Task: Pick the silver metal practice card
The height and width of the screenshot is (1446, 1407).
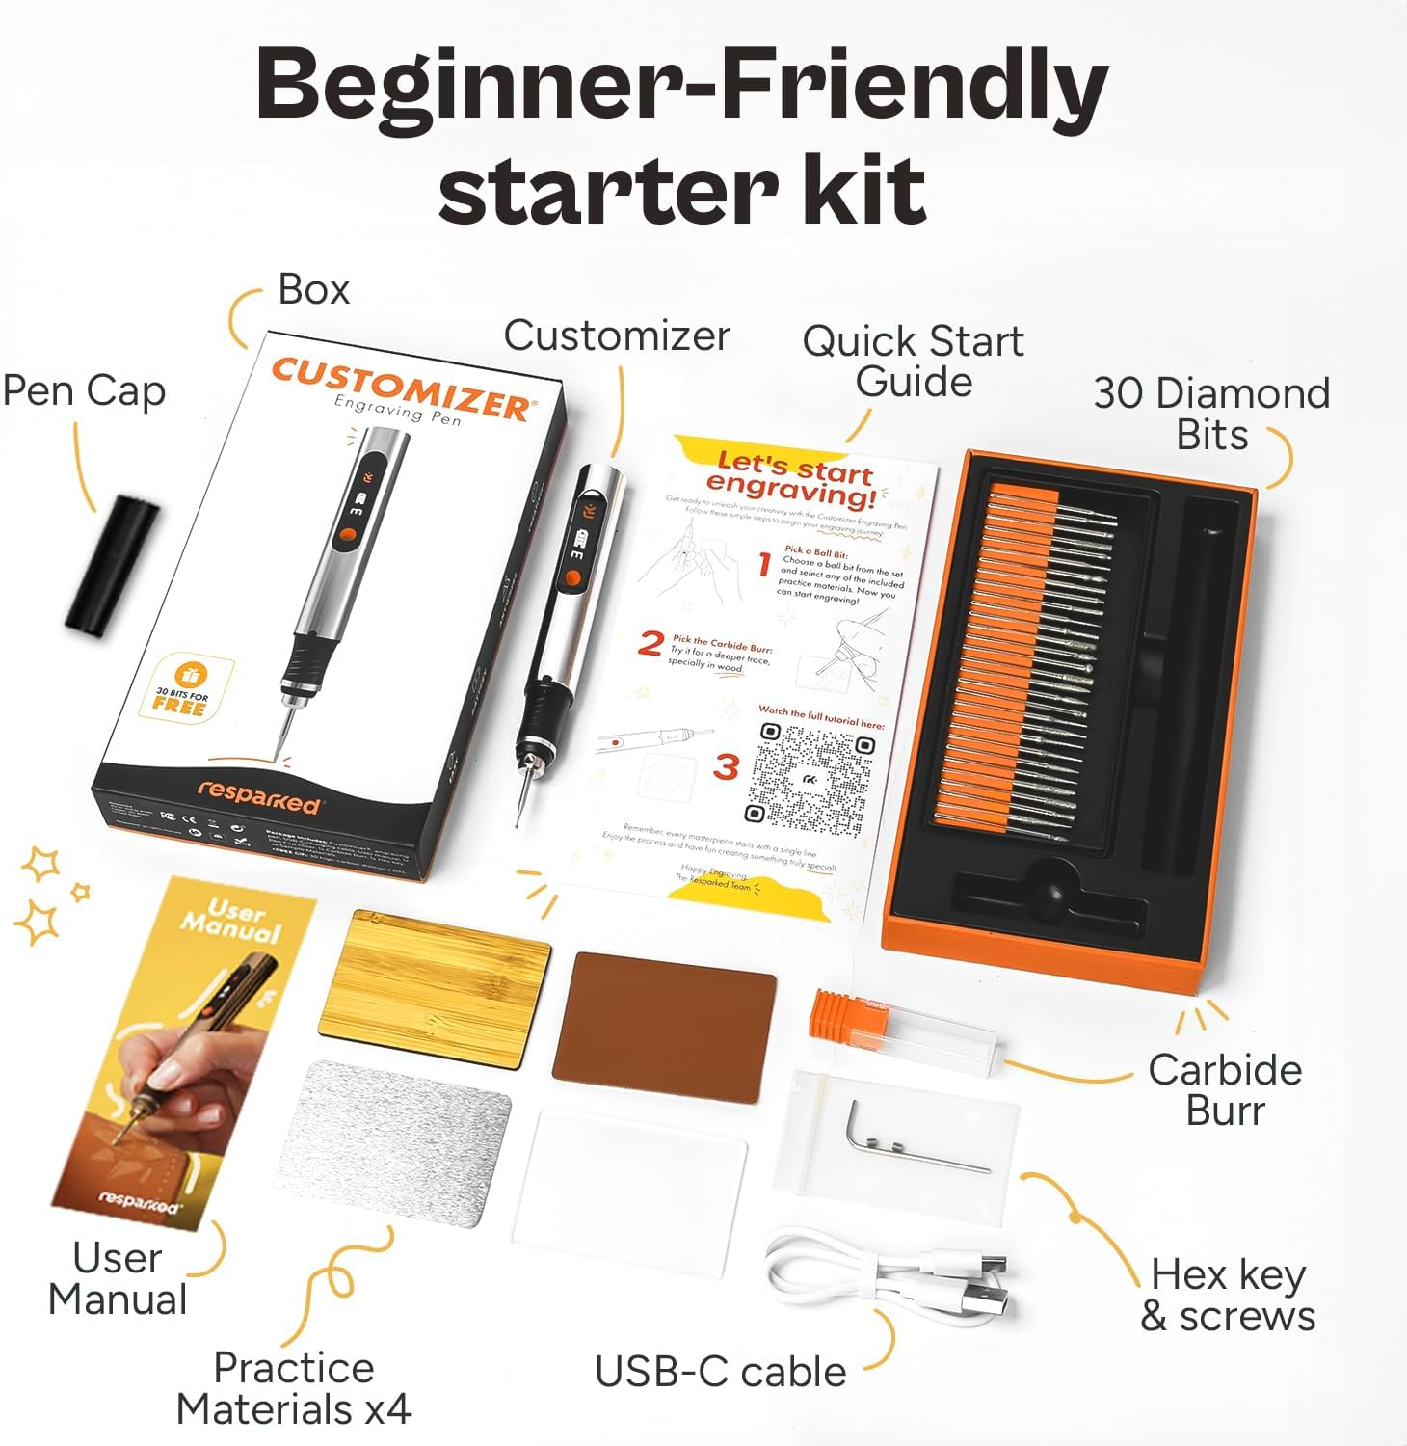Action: pos(394,1143)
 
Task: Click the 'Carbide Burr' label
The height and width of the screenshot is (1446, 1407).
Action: pos(1225,1089)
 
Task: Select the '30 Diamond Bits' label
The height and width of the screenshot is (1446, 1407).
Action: pos(1211,414)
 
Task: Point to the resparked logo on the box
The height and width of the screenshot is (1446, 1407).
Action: pos(258,796)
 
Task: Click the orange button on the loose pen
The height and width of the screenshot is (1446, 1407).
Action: pos(571,577)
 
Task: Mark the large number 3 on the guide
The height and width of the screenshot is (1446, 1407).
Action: pos(726,767)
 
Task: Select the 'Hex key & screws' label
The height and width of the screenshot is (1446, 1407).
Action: pos(1228,1295)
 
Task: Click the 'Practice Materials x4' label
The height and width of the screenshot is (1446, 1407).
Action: pos(294,1388)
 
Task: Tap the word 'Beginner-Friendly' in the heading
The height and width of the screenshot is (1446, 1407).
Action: pos(681,87)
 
